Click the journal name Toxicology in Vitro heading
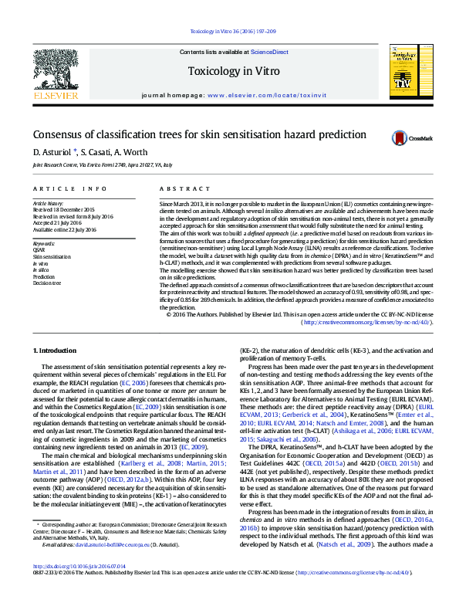pos(229,72)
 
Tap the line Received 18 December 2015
pos(64,209)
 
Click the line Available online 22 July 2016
pos(65,229)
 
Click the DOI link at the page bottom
pos(70,588)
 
